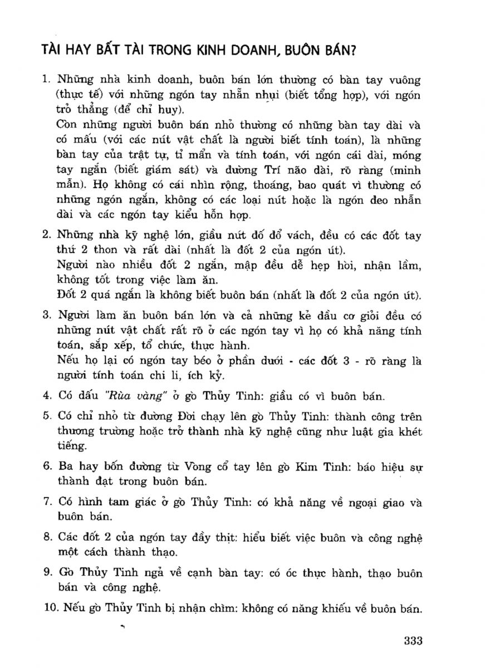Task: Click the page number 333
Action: [x=414, y=641]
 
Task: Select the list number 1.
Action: [x=46, y=81]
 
